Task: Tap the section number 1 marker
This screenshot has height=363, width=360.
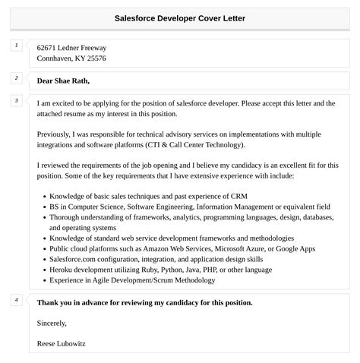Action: (x=16, y=46)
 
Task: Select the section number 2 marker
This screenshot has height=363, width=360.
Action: (x=16, y=78)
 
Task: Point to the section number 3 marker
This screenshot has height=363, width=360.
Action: (x=16, y=100)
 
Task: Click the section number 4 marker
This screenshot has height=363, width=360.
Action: (x=16, y=300)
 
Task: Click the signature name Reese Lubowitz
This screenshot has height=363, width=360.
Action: (x=62, y=343)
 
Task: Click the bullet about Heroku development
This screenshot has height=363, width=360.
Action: (x=160, y=269)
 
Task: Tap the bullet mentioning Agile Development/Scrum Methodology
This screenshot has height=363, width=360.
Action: (x=132, y=279)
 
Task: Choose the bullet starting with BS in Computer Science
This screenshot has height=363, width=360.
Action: (x=190, y=206)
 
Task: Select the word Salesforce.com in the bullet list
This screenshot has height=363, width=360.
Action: (x=74, y=258)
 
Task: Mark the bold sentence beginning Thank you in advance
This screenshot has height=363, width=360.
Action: (x=144, y=302)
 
